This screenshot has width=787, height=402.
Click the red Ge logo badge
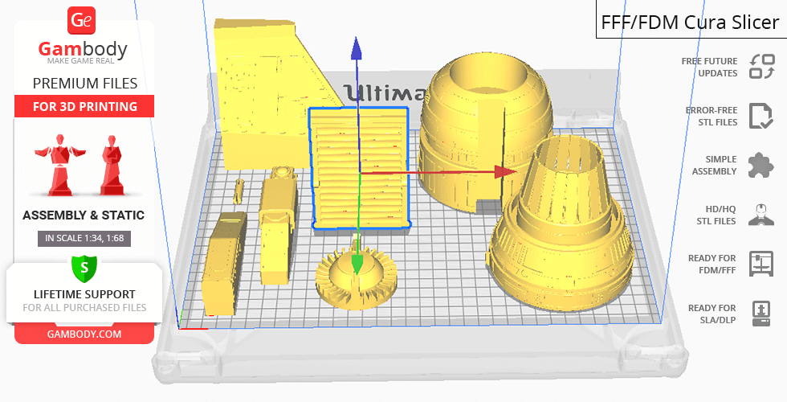81,19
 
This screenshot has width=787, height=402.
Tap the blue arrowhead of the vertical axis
357,49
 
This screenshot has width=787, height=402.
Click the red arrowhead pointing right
505,172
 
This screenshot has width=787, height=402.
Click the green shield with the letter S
84,268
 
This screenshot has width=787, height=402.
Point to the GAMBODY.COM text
84,334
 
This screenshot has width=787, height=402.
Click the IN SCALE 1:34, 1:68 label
84,238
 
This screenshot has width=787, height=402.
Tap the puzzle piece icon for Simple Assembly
760,166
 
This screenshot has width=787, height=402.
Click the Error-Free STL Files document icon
760,116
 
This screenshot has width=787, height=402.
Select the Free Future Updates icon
761,67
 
